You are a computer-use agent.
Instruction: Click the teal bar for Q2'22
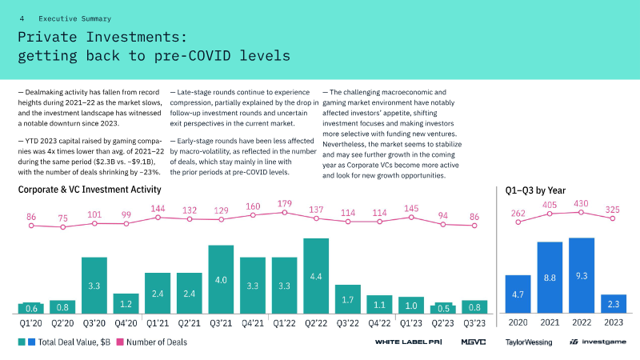tap(316, 276)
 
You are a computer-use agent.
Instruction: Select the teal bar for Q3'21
tap(221, 279)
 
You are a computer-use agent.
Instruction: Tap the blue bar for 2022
tap(582, 275)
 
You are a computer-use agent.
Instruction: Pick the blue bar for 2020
tap(518, 294)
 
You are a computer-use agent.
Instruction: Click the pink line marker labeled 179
tap(285, 213)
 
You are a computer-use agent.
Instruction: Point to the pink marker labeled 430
tap(581, 213)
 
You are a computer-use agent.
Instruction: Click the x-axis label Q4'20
tap(126, 323)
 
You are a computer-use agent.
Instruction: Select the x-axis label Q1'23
tap(411, 323)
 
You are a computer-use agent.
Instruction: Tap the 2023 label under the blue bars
tap(614, 322)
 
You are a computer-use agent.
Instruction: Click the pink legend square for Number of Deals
tap(120, 342)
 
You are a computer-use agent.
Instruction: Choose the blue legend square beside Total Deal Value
tap(31, 342)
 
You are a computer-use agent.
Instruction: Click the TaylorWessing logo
tap(529, 342)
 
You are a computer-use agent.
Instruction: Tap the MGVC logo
tap(474, 342)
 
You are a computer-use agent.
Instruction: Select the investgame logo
tap(598, 342)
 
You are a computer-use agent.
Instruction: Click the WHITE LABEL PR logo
tap(408, 342)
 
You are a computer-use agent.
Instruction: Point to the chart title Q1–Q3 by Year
tap(535, 190)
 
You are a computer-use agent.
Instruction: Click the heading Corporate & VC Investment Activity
tap(90, 190)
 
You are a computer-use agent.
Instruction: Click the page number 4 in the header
tap(22, 18)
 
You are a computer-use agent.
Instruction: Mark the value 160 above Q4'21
tap(253, 206)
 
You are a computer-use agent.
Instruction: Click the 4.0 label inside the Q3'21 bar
tap(221, 280)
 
